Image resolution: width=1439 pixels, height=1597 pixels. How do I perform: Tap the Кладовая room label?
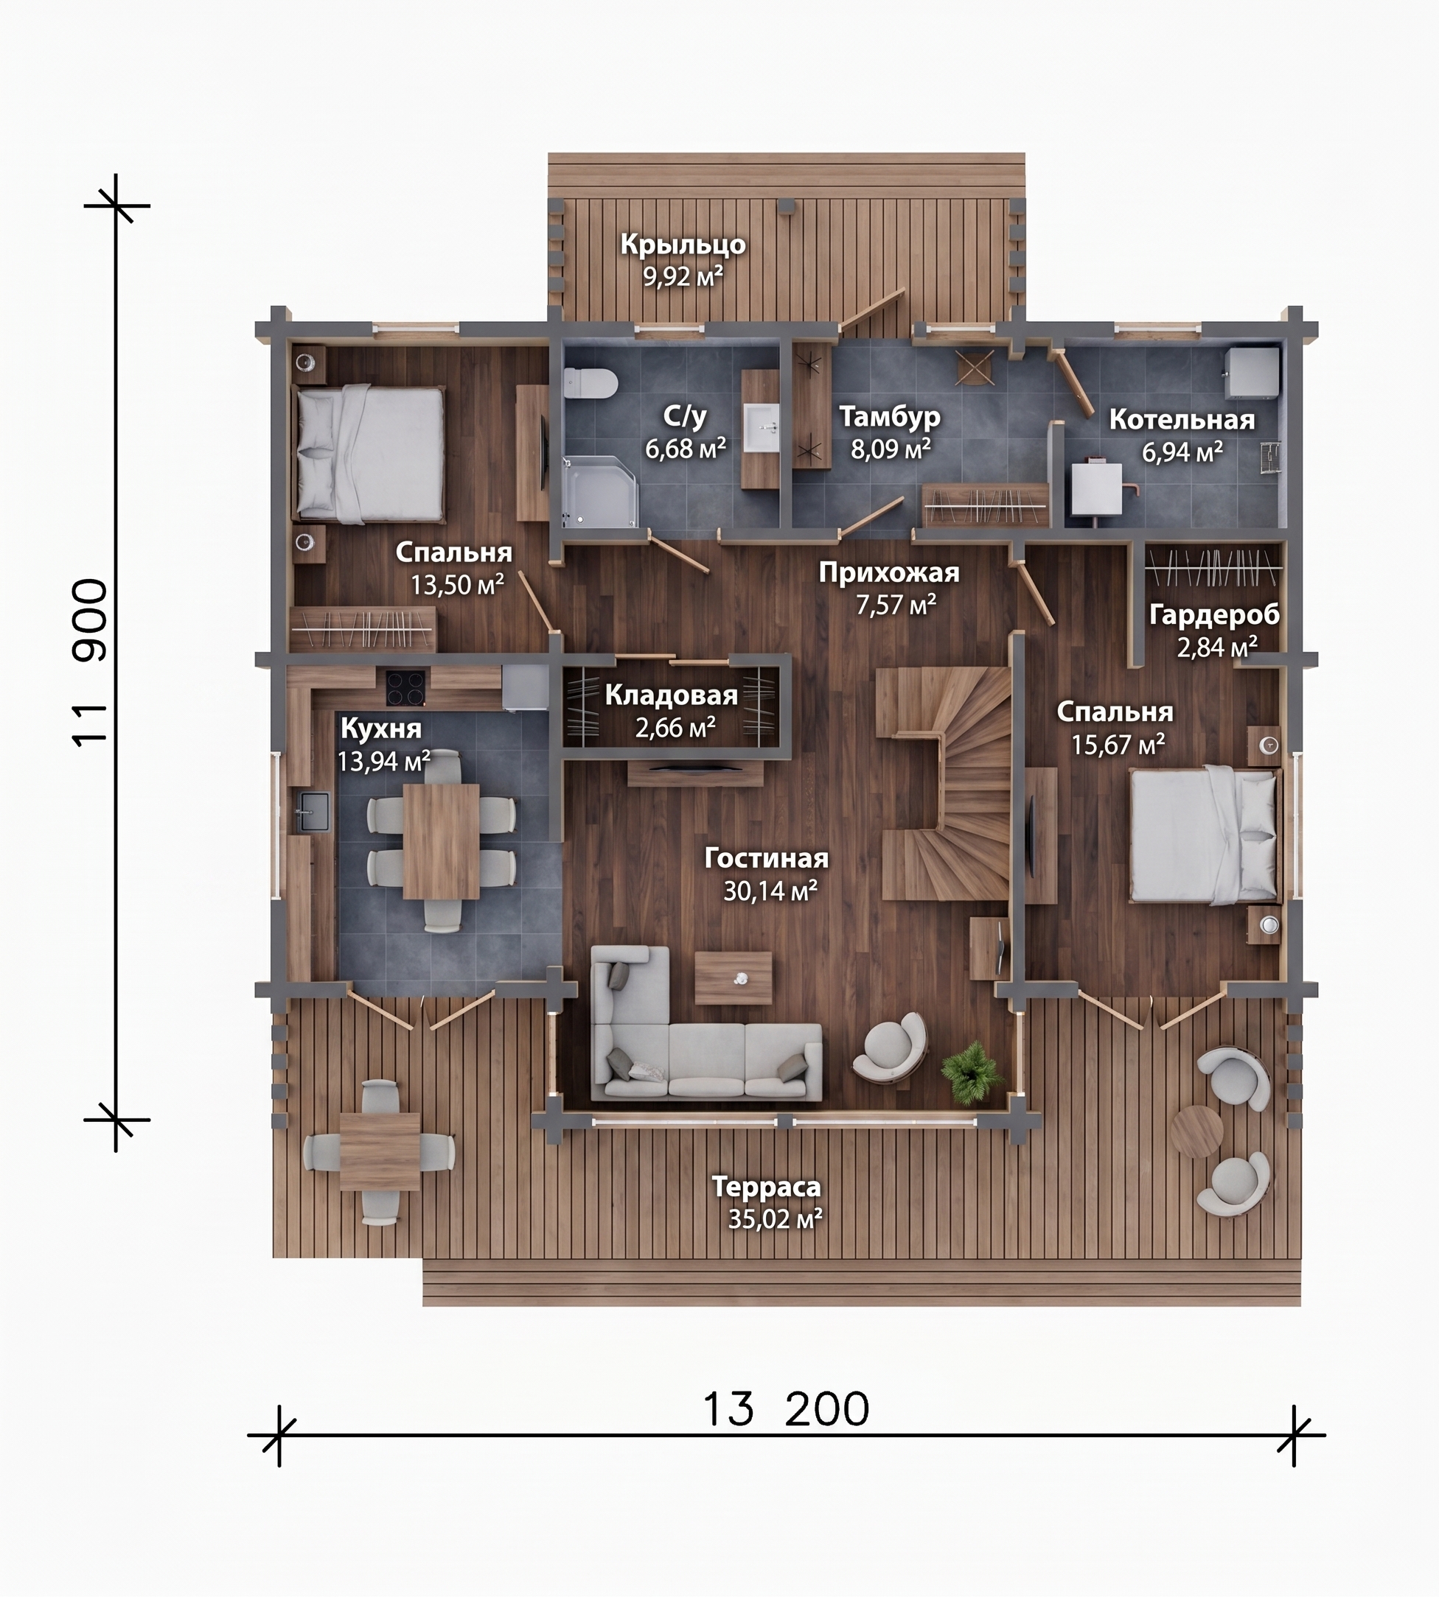click(672, 695)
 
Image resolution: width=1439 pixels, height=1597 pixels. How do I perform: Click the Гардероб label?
click(1213, 614)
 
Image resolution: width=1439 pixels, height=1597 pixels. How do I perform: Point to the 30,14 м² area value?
click(770, 891)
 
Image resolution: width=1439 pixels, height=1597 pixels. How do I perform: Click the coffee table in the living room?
click(733, 977)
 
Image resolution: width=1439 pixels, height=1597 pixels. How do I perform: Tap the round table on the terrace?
click(1197, 1131)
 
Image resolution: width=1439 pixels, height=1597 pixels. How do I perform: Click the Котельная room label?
click(1181, 420)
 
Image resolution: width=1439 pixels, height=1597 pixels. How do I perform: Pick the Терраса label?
click(766, 1186)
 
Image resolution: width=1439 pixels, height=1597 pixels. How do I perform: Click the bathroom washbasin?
click(761, 427)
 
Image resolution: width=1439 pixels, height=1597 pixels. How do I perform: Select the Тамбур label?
click(890, 415)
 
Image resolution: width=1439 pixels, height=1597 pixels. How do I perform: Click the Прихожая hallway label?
click(889, 572)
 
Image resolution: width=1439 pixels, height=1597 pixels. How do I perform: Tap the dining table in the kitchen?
click(441, 840)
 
